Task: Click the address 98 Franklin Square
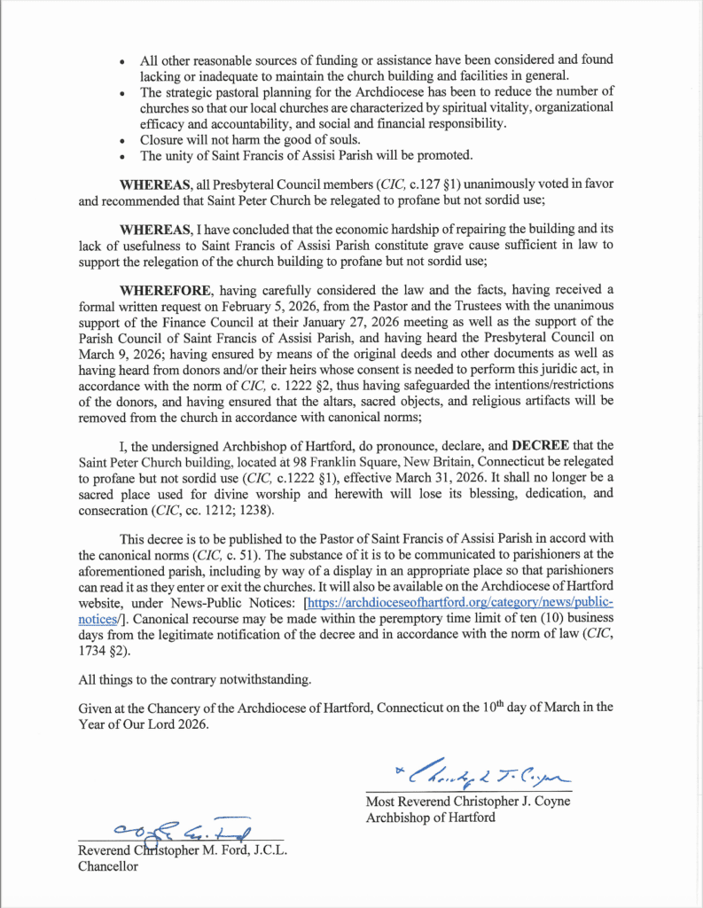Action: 279,461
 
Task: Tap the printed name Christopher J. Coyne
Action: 503,802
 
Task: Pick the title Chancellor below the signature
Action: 108,867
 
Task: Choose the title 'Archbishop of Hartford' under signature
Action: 431,818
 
